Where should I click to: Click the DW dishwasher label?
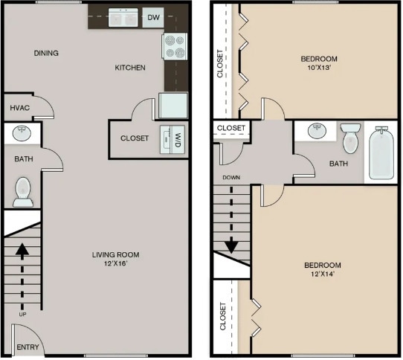click(153, 17)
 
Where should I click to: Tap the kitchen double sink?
click(123, 17)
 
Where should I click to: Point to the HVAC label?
click(20, 108)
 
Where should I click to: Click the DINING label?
click(46, 54)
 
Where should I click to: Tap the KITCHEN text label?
click(129, 68)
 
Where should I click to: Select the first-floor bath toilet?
click(23, 191)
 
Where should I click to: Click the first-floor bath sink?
click(22, 134)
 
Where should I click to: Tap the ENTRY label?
click(27, 347)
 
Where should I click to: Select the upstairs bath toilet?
click(350, 138)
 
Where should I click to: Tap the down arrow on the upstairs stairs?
click(231, 224)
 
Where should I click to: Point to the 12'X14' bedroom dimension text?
click(323, 275)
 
